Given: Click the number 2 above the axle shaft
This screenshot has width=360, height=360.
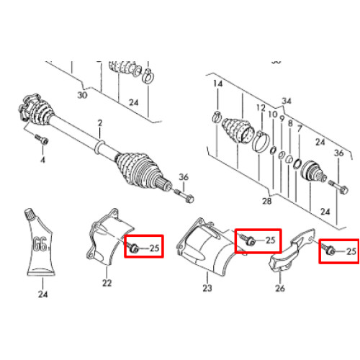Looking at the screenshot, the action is click(x=100, y=123).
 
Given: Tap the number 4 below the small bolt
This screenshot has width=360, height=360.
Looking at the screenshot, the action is click(x=42, y=160).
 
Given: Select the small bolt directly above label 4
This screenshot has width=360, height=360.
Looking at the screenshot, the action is click(x=42, y=139).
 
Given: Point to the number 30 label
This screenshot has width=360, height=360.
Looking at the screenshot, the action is click(x=82, y=95).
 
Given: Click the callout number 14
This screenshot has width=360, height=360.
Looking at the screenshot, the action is click(x=218, y=84).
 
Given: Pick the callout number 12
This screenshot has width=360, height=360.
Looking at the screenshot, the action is click(x=261, y=108).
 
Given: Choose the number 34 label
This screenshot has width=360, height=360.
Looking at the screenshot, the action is click(x=287, y=101).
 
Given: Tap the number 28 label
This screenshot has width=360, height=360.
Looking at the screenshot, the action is click(x=266, y=201).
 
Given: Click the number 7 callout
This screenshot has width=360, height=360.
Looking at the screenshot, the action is click(x=299, y=129).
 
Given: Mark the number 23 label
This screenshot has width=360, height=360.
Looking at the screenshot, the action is click(x=207, y=288).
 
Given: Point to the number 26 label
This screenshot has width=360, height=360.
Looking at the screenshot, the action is click(x=280, y=288).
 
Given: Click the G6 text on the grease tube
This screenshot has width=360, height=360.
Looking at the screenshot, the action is click(x=40, y=244).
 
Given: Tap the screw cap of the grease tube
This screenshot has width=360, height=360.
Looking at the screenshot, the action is click(x=30, y=214).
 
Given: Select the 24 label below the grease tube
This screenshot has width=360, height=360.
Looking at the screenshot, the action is click(x=42, y=294).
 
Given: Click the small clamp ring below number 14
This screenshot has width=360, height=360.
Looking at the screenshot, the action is click(x=217, y=117).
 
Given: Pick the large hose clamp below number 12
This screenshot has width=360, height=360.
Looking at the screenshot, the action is click(x=261, y=142).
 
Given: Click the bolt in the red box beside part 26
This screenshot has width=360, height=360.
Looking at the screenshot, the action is click(x=328, y=249).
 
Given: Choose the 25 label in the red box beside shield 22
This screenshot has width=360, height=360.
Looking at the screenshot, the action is click(x=154, y=248).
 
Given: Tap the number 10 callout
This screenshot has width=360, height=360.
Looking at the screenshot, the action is click(x=273, y=114).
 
